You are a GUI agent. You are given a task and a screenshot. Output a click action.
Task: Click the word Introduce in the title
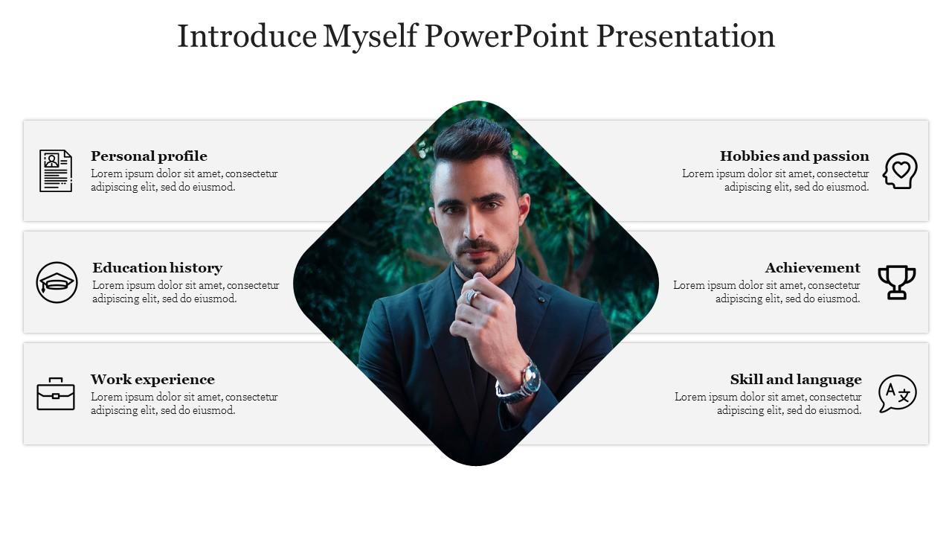[246, 36]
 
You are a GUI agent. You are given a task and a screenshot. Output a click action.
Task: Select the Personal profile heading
[149, 156]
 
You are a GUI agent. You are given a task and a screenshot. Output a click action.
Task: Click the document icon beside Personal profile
[56, 170]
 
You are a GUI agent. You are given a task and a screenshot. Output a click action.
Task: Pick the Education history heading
[157, 268]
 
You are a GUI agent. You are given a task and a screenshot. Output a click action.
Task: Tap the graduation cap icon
[57, 282]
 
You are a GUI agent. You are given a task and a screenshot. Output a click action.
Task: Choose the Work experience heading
[152, 380]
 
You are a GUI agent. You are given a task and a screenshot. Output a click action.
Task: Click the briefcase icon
[56, 394]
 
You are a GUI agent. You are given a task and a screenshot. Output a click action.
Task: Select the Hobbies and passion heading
[794, 156]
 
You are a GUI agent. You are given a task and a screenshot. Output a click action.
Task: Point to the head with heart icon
[900, 170]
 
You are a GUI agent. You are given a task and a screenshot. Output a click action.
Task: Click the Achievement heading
[812, 268]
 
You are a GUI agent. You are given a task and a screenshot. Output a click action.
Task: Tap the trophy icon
[897, 282]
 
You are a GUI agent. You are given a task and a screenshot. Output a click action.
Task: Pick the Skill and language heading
[796, 380]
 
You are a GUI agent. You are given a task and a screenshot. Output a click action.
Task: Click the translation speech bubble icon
[897, 393]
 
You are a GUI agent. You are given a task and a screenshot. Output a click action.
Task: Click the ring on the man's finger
[470, 296]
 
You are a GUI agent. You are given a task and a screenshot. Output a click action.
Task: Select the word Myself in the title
[370, 36]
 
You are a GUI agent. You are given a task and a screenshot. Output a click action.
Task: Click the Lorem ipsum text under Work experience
[184, 403]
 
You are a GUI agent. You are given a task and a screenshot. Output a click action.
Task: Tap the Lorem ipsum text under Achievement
[767, 292]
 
